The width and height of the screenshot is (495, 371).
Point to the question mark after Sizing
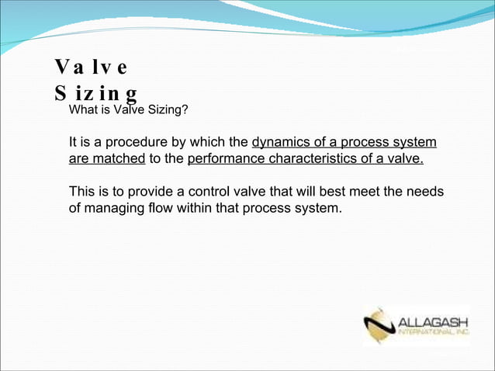(x=184, y=109)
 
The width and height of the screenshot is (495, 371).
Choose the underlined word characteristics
(x=317, y=160)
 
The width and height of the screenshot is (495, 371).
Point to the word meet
(x=364, y=192)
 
